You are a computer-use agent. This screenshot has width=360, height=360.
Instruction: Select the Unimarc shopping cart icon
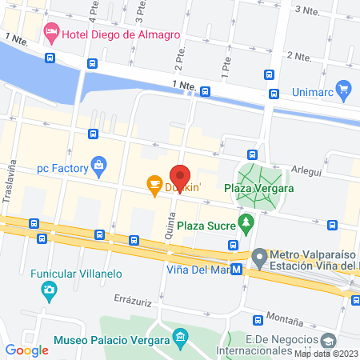[x=344, y=88]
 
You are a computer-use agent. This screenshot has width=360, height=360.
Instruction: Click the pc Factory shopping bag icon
[x=98, y=166]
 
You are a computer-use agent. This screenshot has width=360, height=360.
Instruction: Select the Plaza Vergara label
[x=258, y=189]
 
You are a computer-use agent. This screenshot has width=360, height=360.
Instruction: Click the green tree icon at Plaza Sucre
[x=245, y=220]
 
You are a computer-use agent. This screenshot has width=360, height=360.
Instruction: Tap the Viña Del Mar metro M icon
[x=237, y=269]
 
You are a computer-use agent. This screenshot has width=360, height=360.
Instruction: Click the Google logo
[x=26, y=350]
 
